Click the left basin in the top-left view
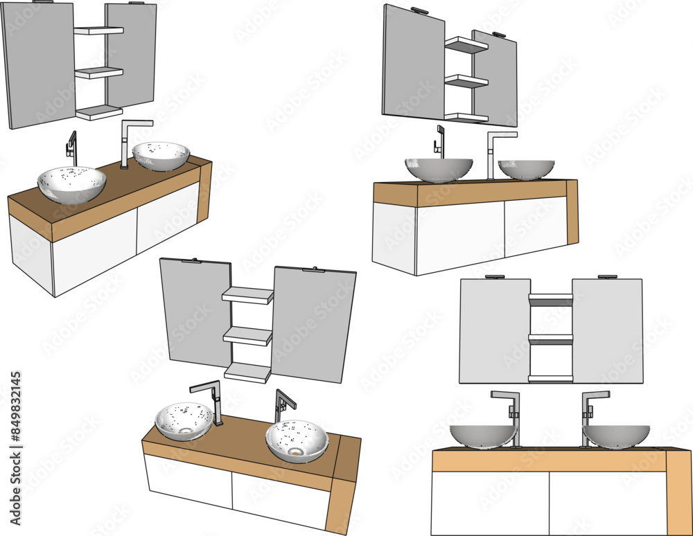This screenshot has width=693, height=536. [x=71, y=184]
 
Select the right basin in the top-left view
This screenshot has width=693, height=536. [x=161, y=156]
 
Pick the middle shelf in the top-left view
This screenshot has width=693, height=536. [x=98, y=73]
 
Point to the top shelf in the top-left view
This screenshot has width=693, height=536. [x=98, y=30]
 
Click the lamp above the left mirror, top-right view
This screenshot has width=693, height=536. [x=419, y=10]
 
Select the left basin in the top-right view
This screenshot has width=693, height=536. [x=439, y=169]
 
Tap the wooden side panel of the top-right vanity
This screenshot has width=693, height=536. [x=572, y=212]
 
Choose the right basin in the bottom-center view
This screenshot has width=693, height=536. [x=297, y=440]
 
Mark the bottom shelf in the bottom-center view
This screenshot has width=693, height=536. [x=247, y=373]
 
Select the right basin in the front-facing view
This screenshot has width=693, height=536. [x=616, y=436]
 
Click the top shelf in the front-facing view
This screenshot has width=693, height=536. [x=551, y=300]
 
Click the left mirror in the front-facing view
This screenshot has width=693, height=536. [x=494, y=331]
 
